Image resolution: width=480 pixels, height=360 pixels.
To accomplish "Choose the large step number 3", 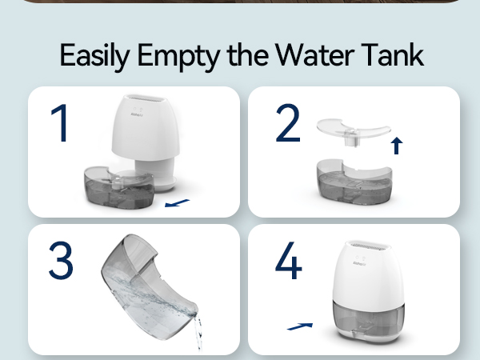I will [61, 260].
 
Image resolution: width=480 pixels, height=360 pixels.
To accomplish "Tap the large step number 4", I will [289, 261].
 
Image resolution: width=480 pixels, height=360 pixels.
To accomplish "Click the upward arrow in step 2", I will [397, 145].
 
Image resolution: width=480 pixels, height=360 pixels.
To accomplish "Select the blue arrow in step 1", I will [178, 203].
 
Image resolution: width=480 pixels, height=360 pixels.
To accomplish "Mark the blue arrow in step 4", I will [299, 326].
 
